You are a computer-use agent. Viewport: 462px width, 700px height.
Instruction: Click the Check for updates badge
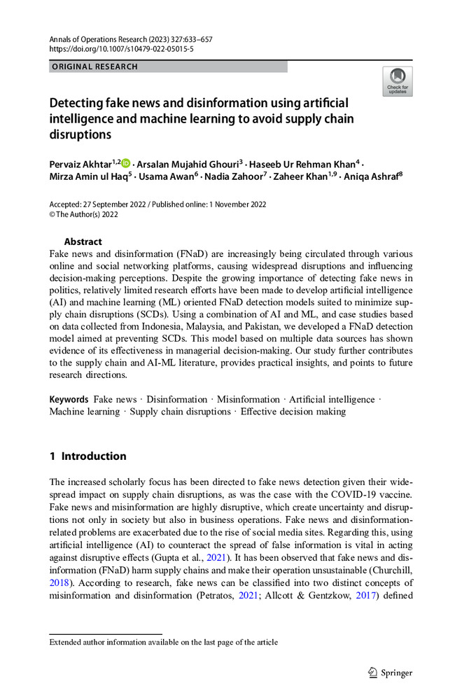397,81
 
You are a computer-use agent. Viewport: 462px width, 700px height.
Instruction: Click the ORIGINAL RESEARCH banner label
94,67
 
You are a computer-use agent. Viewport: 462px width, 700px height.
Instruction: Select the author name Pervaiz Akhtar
80,163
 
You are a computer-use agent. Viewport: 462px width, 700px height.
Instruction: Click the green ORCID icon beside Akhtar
126,163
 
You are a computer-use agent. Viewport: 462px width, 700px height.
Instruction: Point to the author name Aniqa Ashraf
370,176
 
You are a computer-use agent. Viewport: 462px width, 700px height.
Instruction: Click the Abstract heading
83,241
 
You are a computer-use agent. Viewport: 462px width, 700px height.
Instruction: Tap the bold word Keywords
68,400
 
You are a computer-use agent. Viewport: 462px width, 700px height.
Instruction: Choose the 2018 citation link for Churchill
59,582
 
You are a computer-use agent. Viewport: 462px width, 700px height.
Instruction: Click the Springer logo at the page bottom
390,673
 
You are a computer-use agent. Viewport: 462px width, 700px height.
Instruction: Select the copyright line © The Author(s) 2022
84,215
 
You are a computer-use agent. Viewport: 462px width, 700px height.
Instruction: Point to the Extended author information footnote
163,642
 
